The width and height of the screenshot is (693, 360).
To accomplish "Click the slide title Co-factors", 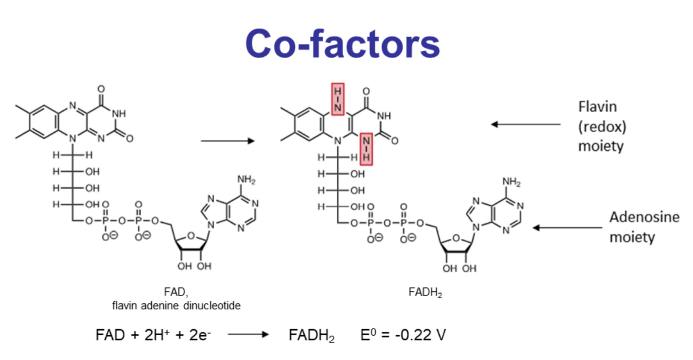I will [343, 44].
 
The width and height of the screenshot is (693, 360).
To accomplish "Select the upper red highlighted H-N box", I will [337, 98].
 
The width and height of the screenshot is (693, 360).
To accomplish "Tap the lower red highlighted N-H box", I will [366, 148].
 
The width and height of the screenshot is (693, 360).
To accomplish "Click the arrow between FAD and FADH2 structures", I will [228, 141].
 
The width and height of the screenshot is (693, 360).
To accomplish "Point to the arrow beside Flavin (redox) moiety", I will [526, 124].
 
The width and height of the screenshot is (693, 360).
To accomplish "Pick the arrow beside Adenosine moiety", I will [568, 228].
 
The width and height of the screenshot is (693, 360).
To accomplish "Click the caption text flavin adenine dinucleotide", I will [177, 305].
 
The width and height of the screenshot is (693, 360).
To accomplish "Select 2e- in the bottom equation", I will [200, 336].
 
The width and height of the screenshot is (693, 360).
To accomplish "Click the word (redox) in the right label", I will [602, 126].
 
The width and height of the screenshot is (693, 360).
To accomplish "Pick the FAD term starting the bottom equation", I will [110, 336].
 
